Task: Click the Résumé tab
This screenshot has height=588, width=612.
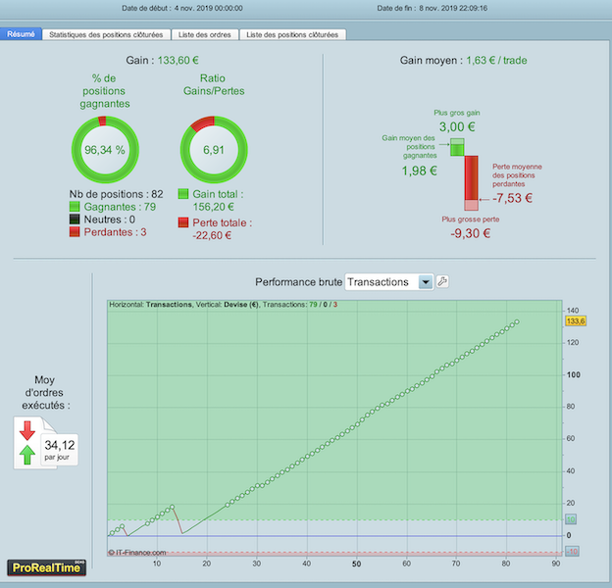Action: (x=21, y=34)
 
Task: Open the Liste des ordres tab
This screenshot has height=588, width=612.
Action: (x=205, y=34)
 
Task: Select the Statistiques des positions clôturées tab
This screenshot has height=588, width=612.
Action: (x=106, y=34)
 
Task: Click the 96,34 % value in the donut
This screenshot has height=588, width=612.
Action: (x=105, y=150)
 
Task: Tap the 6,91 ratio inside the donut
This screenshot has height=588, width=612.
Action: (x=214, y=150)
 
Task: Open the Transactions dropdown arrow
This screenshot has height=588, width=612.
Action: (x=426, y=282)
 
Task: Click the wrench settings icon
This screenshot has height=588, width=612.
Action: (x=442, y=281)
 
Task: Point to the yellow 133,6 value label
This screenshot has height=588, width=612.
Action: (x=576, y=321)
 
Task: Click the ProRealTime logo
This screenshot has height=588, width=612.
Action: (x=46, y=567)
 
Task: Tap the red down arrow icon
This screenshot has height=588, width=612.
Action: (x=27, y=430)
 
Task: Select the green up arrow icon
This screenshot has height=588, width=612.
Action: (x=27, y=455)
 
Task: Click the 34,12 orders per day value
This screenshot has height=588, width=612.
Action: (x=59, y=445)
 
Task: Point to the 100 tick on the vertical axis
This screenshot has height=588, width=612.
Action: (x=574, y=374)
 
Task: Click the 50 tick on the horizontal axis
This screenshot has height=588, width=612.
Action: (x=356, y=563)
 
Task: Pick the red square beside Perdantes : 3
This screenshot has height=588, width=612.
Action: (x=75, y=232)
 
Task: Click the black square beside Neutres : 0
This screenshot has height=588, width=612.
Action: (x=75, y=220)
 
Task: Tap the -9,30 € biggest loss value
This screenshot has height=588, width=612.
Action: (x=471, y=233)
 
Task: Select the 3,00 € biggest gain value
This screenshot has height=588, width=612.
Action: (x=457, y=126)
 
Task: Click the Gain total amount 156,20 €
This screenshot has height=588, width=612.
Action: (x=214, y=207)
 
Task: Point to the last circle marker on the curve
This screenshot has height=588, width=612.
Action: (x=517, y=322)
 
